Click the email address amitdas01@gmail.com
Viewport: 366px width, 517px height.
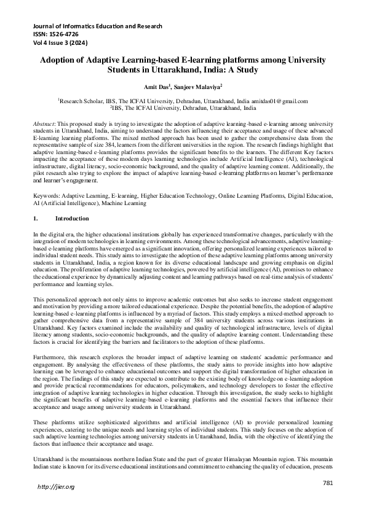click(277, 100)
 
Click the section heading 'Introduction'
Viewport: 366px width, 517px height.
click(72, 219)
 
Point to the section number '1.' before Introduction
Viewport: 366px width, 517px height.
click(36, 219)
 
